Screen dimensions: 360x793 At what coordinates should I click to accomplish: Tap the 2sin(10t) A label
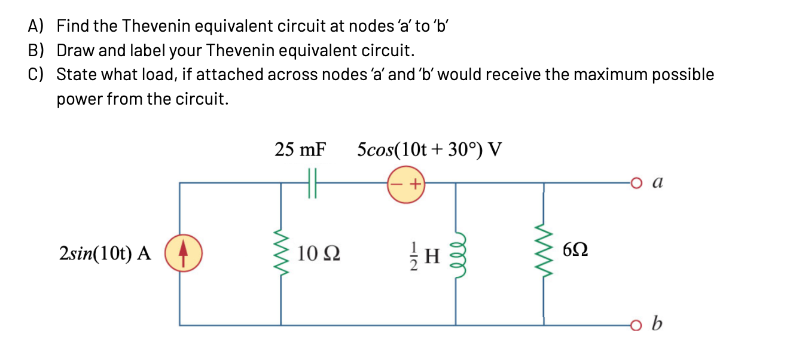coord(105,254)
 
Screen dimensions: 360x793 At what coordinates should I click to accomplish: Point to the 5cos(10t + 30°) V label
coord(429,149)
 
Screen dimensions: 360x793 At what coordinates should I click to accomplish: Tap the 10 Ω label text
coord(318,254)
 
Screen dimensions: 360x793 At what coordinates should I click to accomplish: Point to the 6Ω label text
coord(575,251)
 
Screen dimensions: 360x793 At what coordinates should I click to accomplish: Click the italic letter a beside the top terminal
coord(658,182)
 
